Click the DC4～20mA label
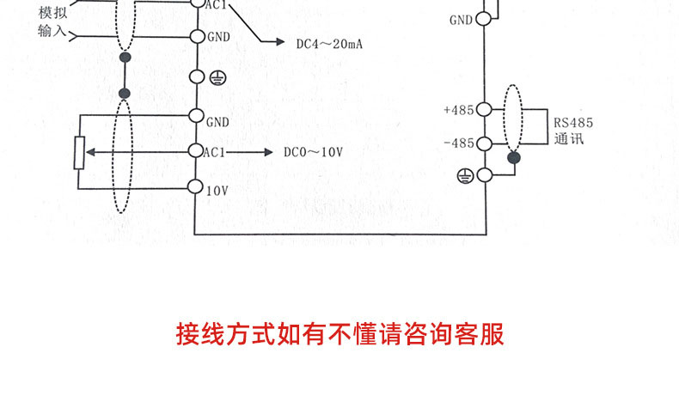(327, 43)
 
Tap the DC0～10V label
(313, 151)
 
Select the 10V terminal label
(217, 189)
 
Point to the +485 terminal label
(458, 110)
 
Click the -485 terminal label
(459, 143)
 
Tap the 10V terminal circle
(196, 187)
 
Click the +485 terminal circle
(483, 110)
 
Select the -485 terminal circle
(483, 143)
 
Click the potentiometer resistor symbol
(79, 152)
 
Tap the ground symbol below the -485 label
(465, 175)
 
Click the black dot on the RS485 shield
(514, 157)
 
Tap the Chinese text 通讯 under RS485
(569, 138)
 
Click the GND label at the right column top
(461, 20)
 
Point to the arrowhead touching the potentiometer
(89, 151)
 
